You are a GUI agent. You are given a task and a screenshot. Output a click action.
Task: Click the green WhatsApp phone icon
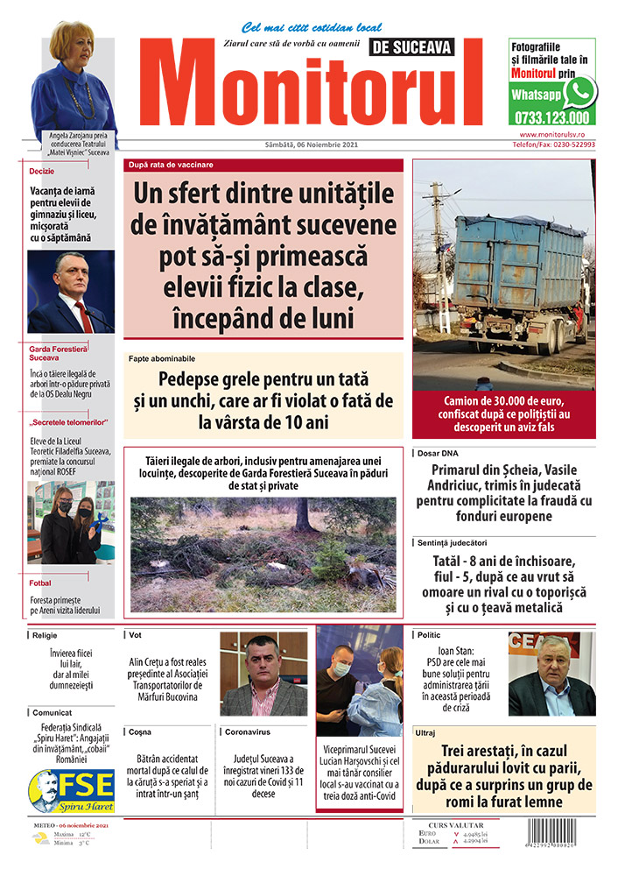point(579,91)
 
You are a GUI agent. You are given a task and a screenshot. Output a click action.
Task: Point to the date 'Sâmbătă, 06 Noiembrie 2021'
point(312,145)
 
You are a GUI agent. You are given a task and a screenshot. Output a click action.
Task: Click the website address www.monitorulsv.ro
point(557,134)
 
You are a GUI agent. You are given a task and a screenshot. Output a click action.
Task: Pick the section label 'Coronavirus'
point(247,731)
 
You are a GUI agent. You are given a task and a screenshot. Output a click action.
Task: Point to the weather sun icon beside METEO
point(40,838)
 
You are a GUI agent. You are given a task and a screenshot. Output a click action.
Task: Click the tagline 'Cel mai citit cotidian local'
point(312,28)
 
